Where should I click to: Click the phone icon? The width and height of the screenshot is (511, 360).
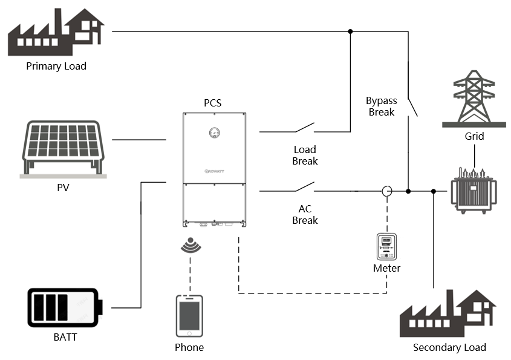tap(189, 315)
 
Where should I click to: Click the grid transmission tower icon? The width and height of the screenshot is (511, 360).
tap(474, 98)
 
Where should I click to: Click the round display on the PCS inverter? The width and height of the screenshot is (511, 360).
tap(213, 134)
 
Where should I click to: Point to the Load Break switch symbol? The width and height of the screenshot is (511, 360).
tap(305, 128)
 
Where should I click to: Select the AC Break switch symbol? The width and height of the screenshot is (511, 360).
tap(305, 188)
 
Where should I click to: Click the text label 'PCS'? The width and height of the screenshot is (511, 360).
tap(212, 103)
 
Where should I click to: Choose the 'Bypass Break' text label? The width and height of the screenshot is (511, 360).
tap(380, 106)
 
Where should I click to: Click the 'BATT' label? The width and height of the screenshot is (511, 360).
tap(65, 337)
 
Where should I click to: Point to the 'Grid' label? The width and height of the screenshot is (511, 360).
tap(474, 136)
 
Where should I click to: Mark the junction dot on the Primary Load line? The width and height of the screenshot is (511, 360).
tap(350, 31)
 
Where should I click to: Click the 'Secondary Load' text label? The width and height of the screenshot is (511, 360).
tap(449, 347)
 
